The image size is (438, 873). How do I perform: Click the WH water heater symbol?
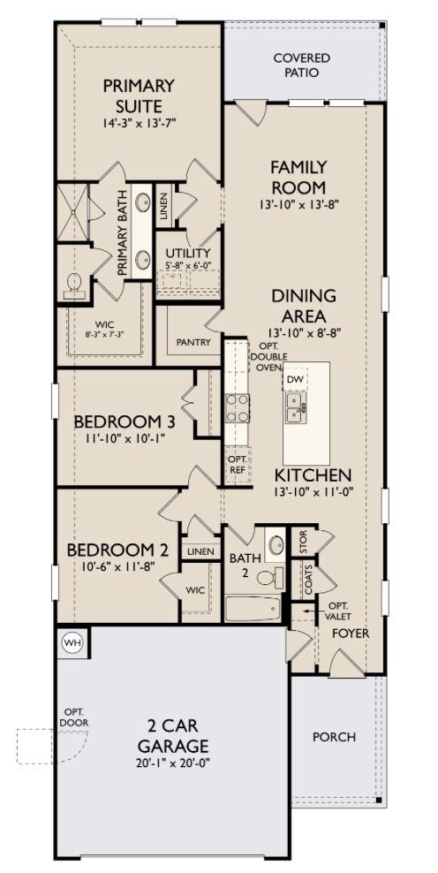tap(72, 643)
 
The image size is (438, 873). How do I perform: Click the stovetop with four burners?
tap(238, 409)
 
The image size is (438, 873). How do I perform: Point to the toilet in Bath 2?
tap(268, 578)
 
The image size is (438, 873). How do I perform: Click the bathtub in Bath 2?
tap(253, 609)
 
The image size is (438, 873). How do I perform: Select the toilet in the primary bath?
tap(75, 284)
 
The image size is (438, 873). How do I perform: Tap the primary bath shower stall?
tap(74, 212)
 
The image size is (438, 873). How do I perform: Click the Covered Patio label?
tap(301, 65)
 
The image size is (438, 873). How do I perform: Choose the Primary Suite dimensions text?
tap(139, 124)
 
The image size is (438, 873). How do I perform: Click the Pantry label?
tap(192, 341)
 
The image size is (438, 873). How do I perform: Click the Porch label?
tap(335, 736)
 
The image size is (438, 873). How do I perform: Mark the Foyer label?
tap(351, 634)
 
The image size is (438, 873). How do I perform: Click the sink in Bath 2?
tap(276, 543)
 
